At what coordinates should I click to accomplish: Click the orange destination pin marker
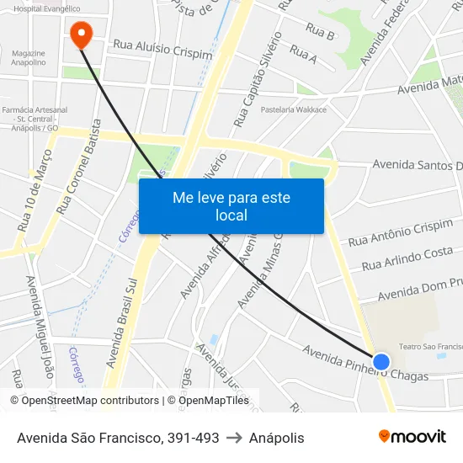pos(81,35)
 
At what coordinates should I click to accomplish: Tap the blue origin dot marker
pos(381,361)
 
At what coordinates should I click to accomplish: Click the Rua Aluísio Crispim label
pos(162,47)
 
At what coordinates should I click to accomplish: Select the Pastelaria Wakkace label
pos(294,109)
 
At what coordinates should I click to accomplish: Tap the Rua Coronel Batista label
pos(78,165)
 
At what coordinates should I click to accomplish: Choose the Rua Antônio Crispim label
pos(401,233)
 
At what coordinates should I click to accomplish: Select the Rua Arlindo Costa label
pos(407,258)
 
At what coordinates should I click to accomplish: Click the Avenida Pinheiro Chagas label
pos(365,363)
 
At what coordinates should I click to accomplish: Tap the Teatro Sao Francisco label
pos(430,346)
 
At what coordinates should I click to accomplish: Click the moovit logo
pos(412,436)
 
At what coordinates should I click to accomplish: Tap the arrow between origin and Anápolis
pos(233,438)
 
